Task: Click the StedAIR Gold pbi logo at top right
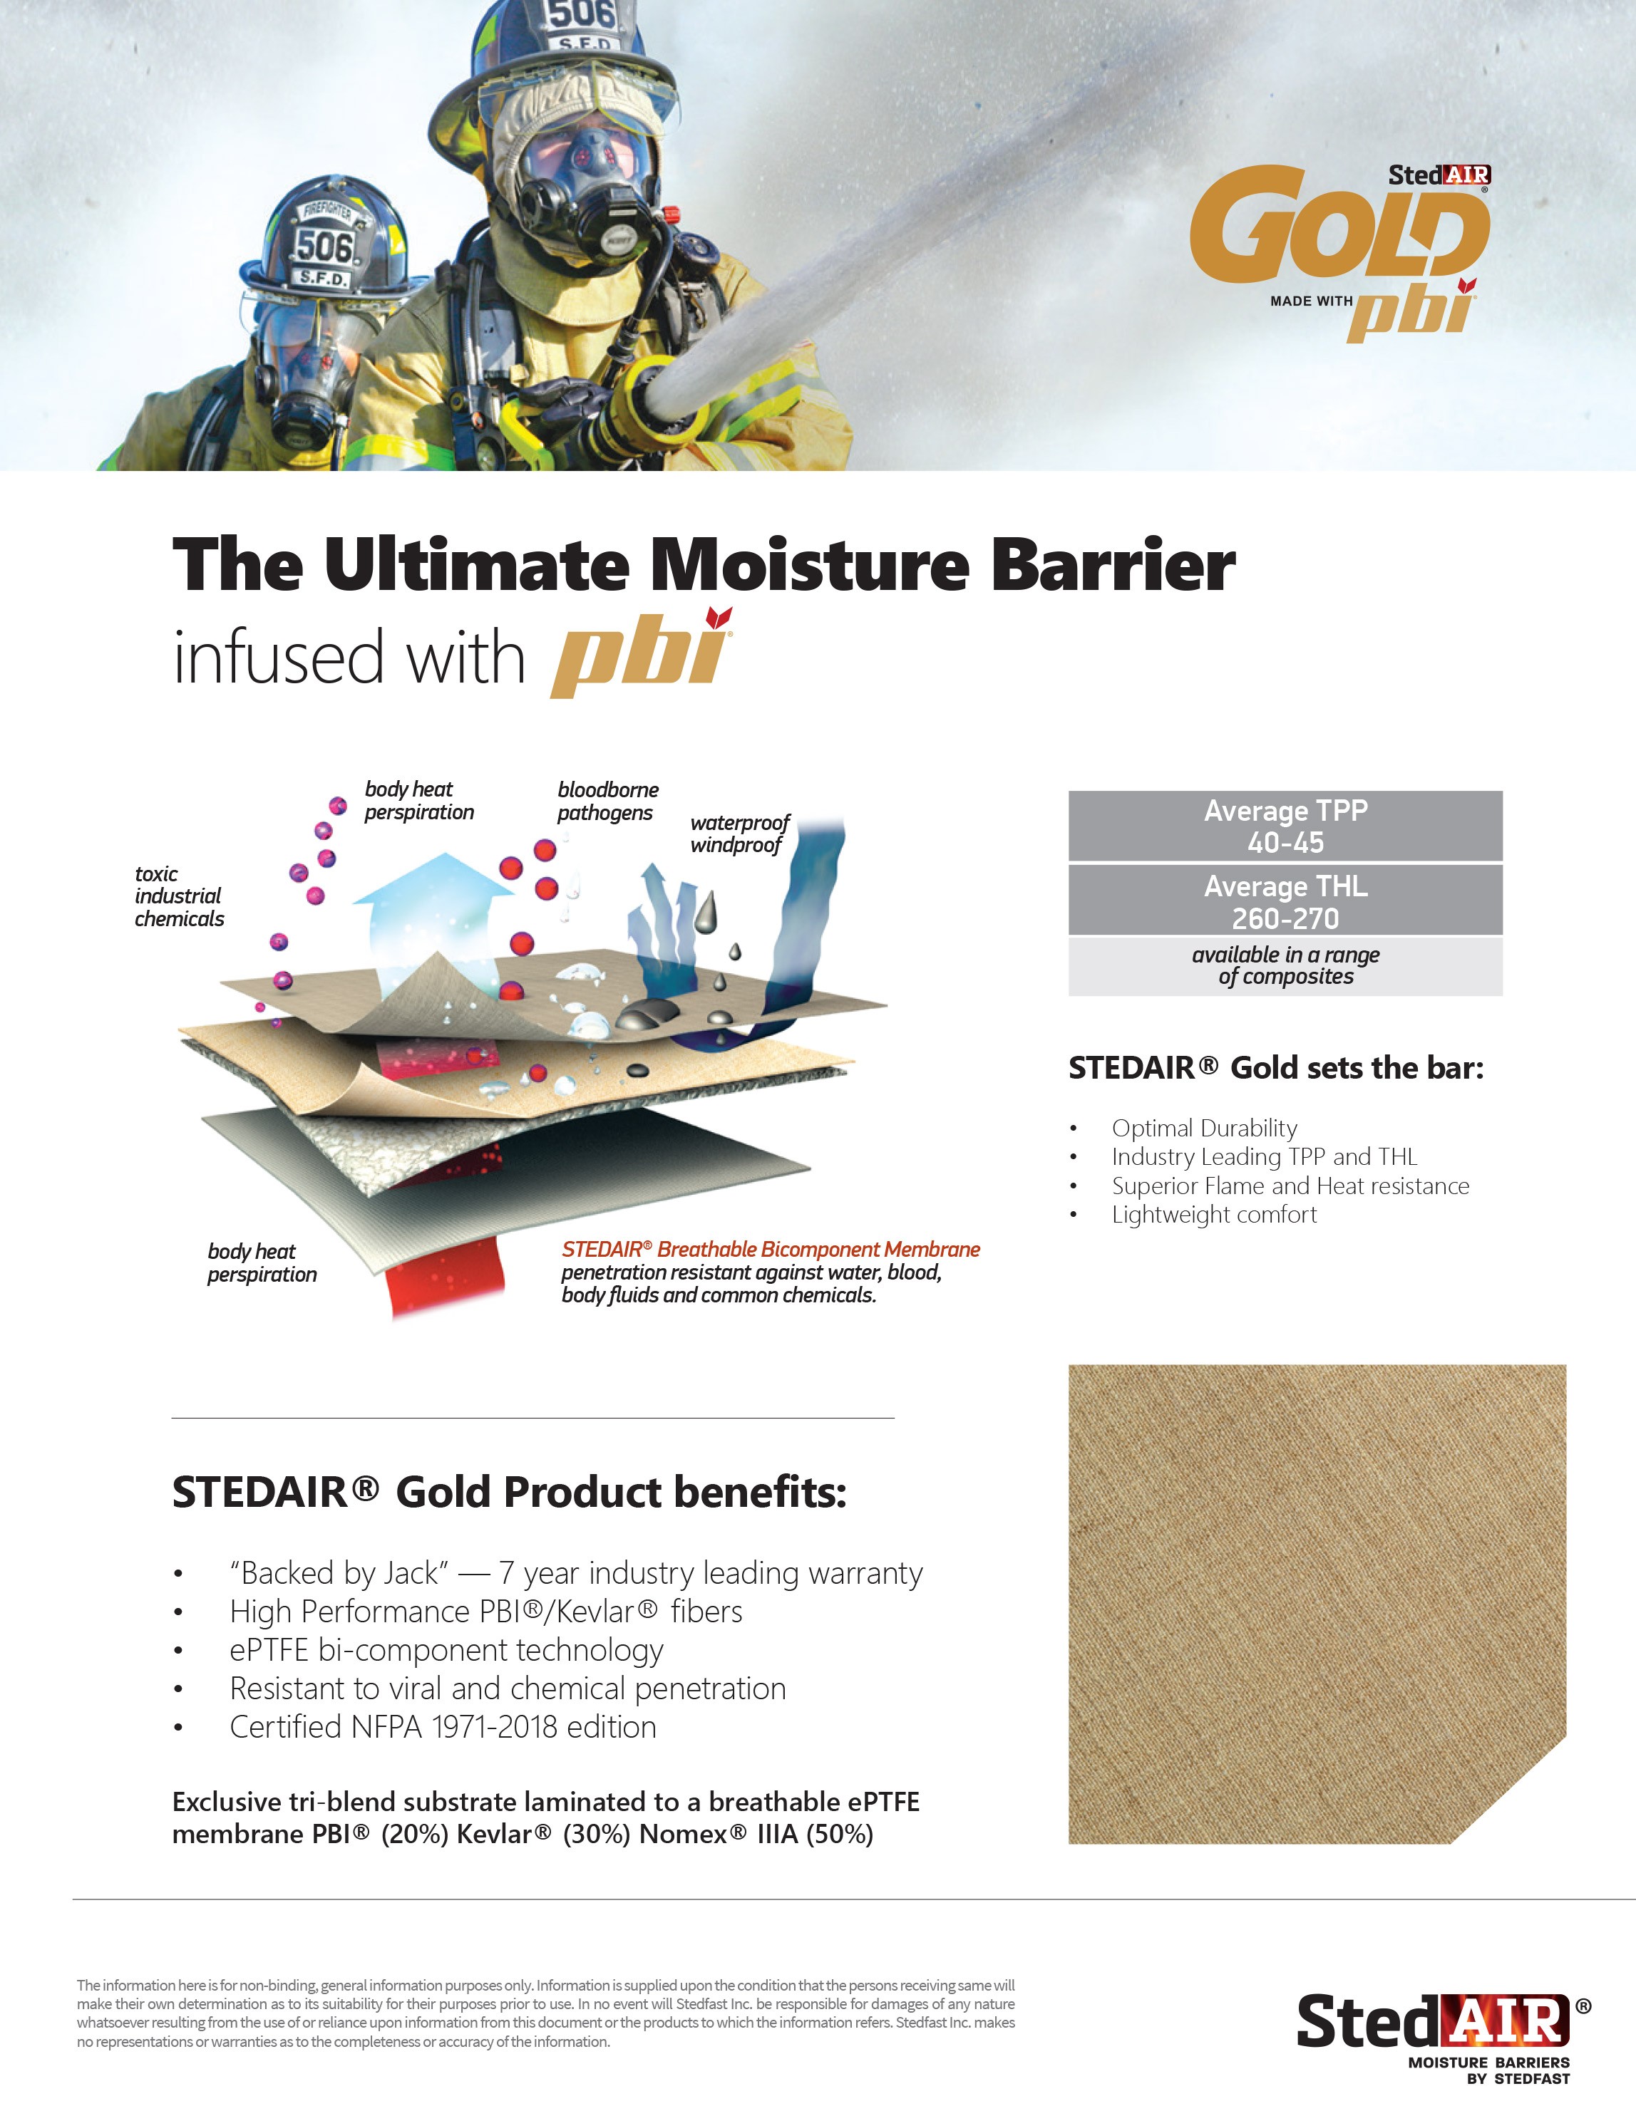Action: [1340, 252]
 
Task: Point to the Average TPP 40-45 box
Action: [1285, 826]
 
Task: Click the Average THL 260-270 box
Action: [1285, 901]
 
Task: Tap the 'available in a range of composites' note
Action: [1285, 966]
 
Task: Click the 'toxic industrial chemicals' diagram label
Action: [180, 896]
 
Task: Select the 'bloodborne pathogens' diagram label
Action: [607, 802]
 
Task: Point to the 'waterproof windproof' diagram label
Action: [739, 834]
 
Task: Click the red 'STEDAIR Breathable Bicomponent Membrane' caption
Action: [771, 1249]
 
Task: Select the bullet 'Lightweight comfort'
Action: [1215, 1214]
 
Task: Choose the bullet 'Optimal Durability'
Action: [1205, 1128]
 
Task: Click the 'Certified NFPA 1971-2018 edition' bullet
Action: [443, 1726]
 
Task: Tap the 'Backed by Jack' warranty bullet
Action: [576, 1572]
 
